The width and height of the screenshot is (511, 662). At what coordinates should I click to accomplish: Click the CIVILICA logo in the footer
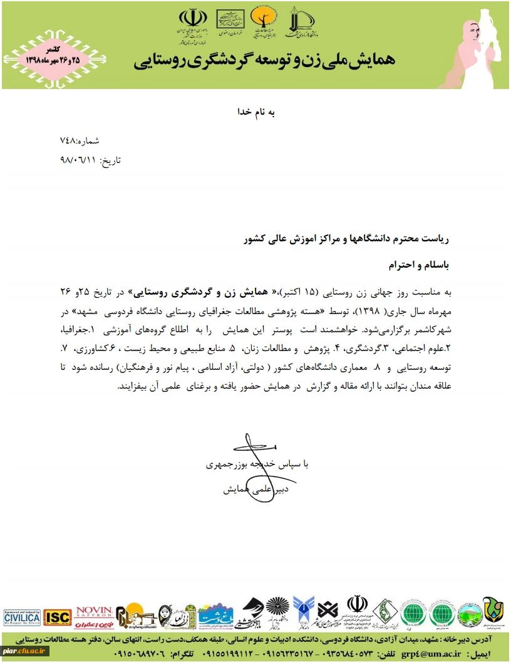[21, 617]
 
